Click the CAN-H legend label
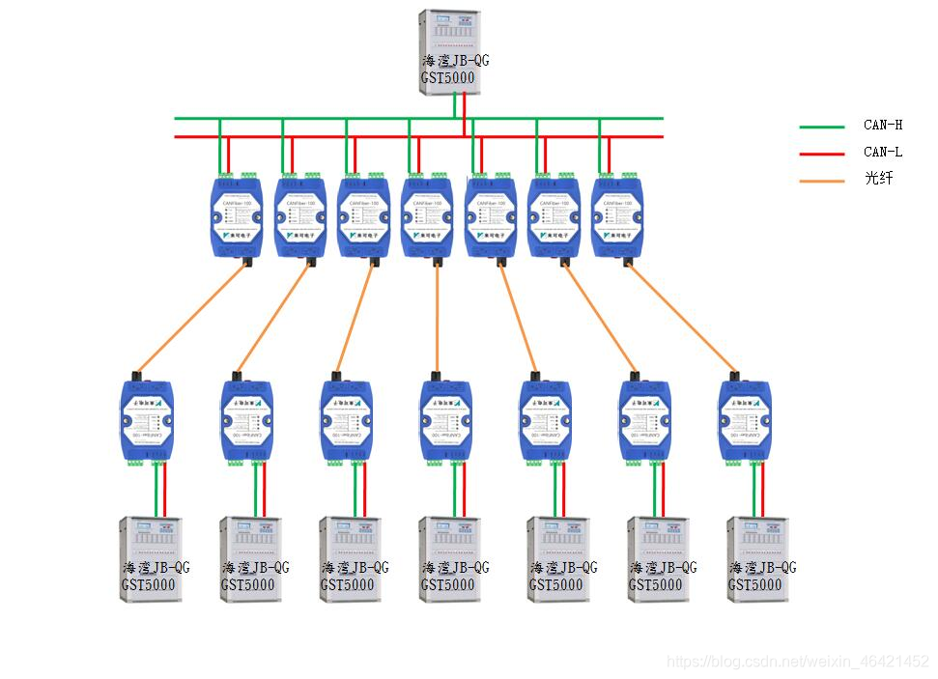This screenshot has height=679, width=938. pyautogui.click(x=882, y=126)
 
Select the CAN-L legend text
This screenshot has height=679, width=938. pyautogui.click(x=882, y=152)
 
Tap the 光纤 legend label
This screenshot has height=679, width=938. pyautogui.click(x=877, y=179)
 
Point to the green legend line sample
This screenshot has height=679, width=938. pyautogui.click(x=822, y=127)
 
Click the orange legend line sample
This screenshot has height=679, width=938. pyautogui.click(x=822, y=180)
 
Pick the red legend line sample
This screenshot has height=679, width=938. pyautogui.click(x=822, y=153)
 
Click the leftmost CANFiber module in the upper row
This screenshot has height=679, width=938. pyautogui.click(x=237, y=216)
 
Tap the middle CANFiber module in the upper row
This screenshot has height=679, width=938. pyautogui.click(x=426, y=216)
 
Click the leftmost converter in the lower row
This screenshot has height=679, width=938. pyautogui.click(x=147, y=420)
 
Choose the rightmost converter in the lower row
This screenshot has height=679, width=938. pyautogui.click(x=744, y=420)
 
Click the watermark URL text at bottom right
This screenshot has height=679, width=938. pyautogui.click(x=798, y=662)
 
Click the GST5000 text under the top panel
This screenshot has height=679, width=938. pyautogui.click(x=447, y=77)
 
